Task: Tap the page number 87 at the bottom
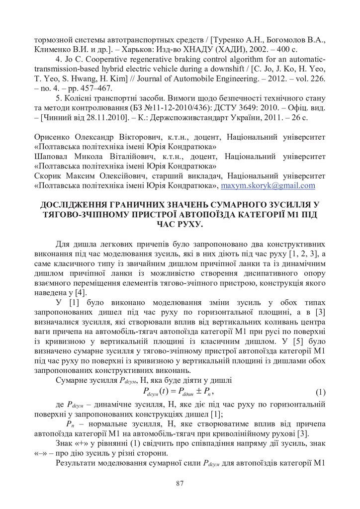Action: point(180,483)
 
